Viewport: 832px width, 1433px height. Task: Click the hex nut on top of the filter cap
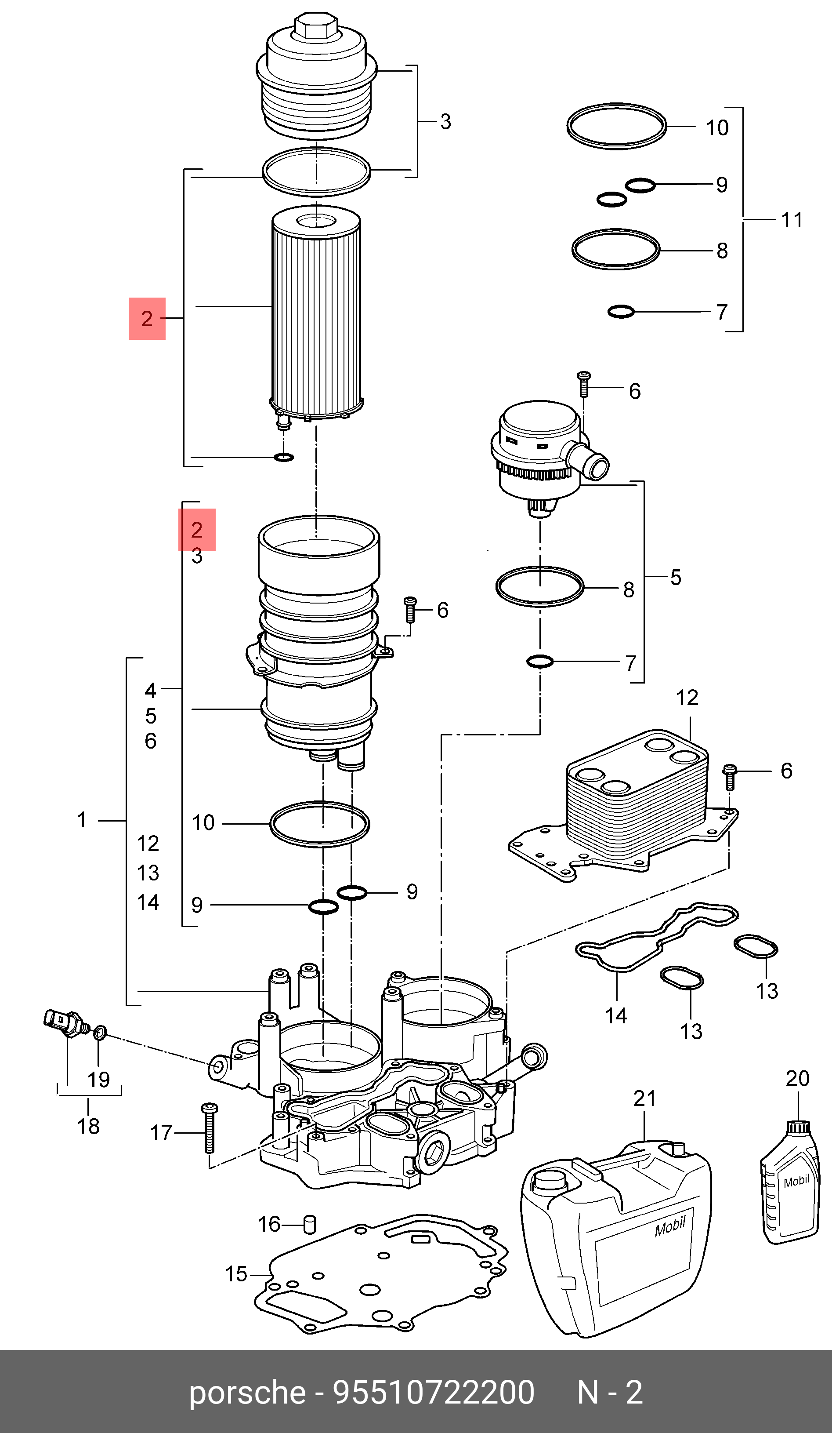[316, 25]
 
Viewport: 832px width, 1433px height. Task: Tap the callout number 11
[792, 220]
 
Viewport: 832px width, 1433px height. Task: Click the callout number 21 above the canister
[644, 1098]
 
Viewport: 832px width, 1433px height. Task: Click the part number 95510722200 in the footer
[433, 1393]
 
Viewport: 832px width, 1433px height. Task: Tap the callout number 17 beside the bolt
[161, 1133]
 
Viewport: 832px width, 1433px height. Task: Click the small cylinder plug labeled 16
[310, 1224]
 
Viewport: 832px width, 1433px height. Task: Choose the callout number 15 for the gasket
[236, 1274]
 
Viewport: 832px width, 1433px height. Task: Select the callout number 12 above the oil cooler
[687, 698]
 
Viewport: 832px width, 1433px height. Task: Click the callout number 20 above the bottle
[797, 1078]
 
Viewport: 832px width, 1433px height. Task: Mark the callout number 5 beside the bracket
[676, 577]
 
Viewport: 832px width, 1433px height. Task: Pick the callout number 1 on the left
[82, 820]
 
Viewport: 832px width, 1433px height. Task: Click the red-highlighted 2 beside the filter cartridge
[147, 318]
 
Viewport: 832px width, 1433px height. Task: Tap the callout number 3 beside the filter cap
[445, 122]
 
